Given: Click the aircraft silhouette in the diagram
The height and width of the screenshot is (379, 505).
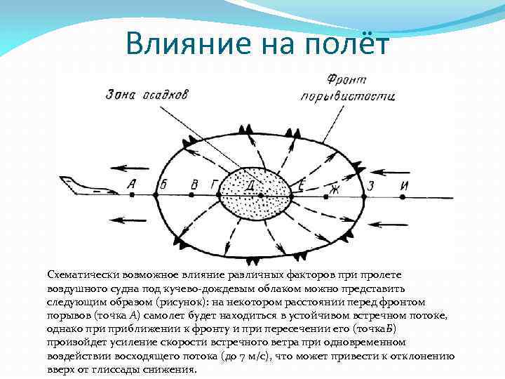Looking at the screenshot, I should coord(84,187).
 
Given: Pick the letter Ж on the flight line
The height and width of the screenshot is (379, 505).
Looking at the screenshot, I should coord(334,187).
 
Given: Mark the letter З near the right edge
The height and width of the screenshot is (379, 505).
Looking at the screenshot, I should coord(372,186).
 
